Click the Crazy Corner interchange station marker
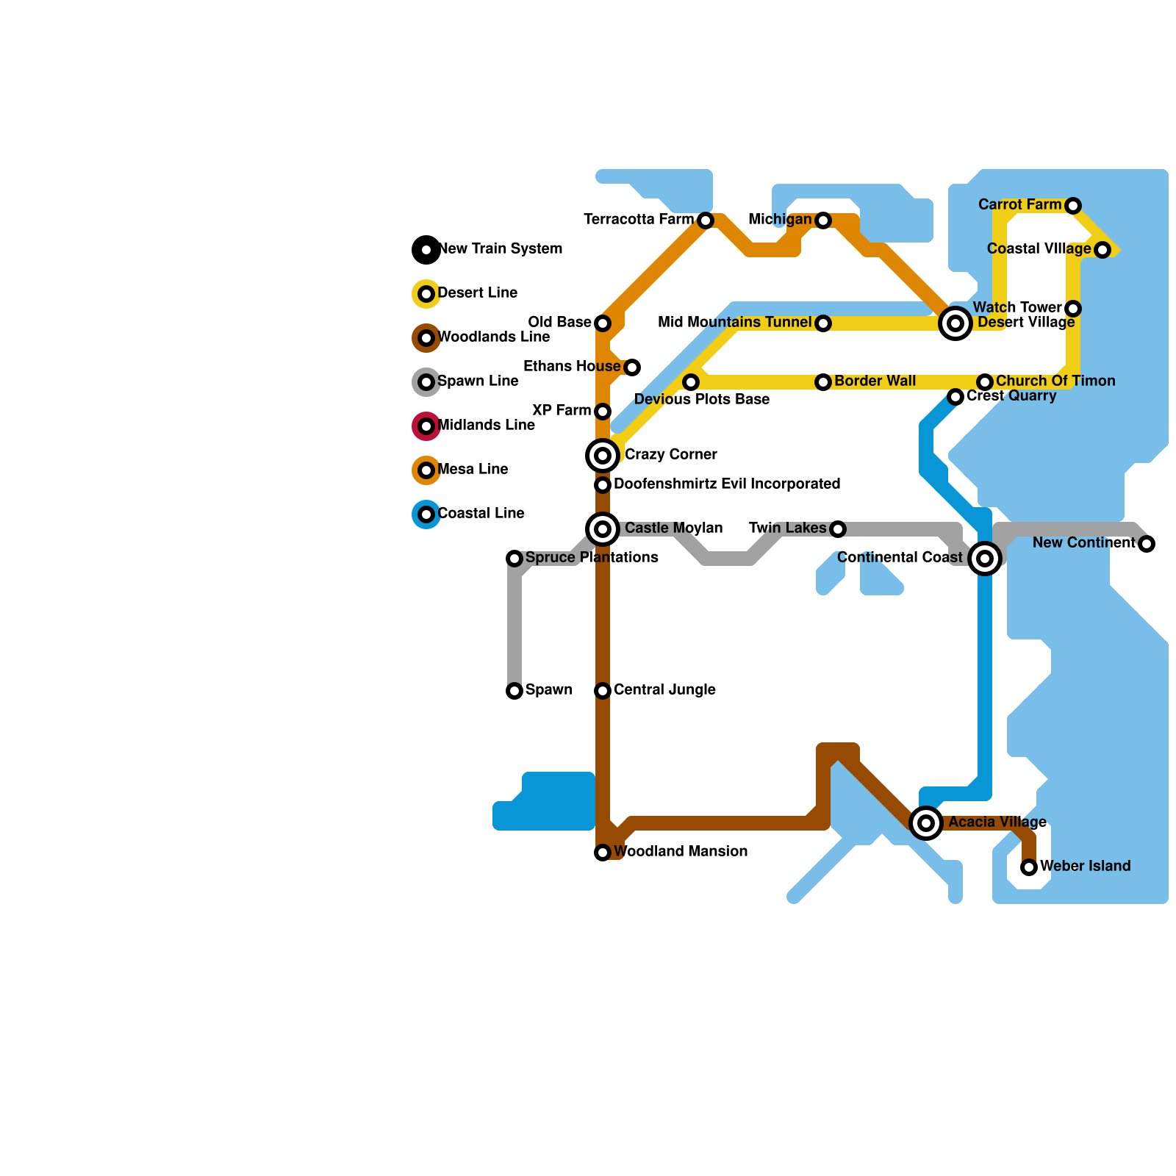click(603, 456)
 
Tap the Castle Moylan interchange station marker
click(603, 529)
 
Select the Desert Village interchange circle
click(955, 323)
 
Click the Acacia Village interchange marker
click(926, 822)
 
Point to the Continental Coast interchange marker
click(985, 559)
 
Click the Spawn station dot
click(514, 691)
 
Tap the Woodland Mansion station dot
click(603, 853)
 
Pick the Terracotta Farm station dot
click(706, 220)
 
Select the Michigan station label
click(780, 220)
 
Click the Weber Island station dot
click(1029, 867)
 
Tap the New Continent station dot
click(1147, 544)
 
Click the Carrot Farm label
click(1019, 205)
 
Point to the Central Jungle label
click(664, 690)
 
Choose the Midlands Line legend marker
click(426, 426)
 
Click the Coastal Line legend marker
click(426, 514)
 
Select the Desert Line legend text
click(477, 293)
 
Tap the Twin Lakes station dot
click(838, 529)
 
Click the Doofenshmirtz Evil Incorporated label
click(727, 484)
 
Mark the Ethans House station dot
click(632, 367)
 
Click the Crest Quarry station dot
click(955, 397)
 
